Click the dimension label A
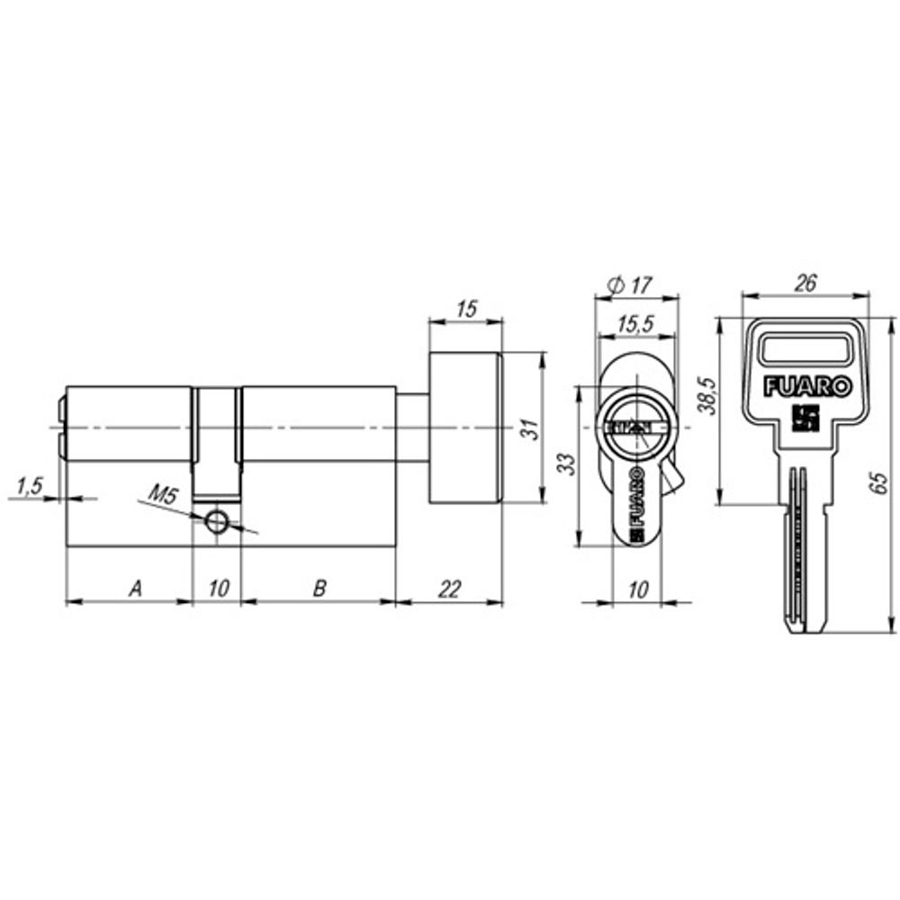[136, 588]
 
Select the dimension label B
[319, 588]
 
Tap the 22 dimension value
[450, 589]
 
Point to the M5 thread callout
[164, 494]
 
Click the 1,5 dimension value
[30, 486]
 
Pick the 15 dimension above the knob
[466, 309]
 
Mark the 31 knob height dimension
[532, 428]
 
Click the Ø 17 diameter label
[630, 284]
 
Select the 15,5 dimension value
[636, 324]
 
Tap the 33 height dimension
[566, 463]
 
